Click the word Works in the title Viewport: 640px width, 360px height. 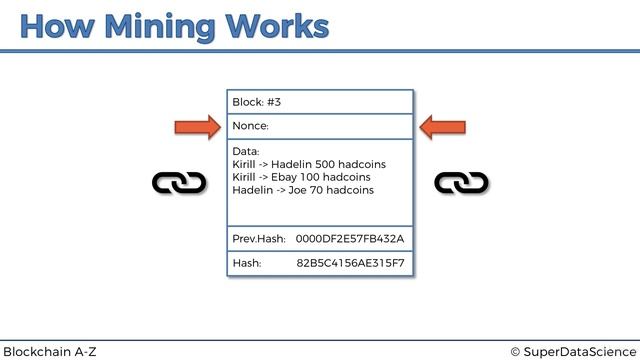(277, 26)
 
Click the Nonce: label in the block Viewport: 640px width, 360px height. (250, 127)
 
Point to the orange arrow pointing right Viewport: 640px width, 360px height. (197, 127)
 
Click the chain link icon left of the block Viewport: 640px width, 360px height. (179, 183)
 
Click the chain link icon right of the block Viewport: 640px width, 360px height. (462, 183)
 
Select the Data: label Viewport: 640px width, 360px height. (246, 151)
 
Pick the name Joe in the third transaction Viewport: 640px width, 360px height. (298, 190)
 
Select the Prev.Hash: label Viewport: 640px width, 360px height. (259, 240)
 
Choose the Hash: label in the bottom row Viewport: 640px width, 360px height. (247, 264)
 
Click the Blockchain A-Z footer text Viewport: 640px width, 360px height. (50, 351)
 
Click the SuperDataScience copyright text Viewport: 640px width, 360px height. (572, 351)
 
